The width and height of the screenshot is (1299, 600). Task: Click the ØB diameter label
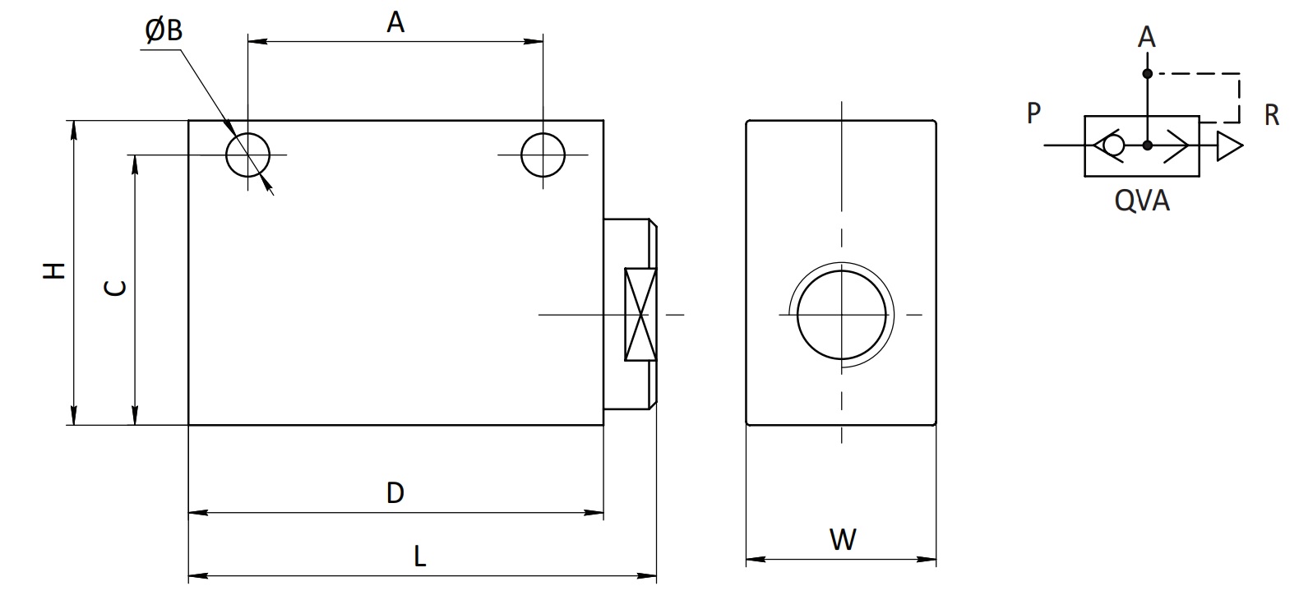(164, 30)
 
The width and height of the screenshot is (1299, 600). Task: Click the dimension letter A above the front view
(395, 23)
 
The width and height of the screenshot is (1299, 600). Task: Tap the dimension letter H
(54, 270)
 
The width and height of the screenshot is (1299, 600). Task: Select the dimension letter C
(115, 288)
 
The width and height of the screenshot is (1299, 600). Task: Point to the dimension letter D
(395, 493)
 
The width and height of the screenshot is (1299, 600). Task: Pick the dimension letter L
(420, 557)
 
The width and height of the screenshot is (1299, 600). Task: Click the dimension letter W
(843, 540)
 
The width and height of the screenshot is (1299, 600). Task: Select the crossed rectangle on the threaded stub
(640, 314)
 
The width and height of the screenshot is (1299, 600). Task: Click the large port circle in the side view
(798, 315)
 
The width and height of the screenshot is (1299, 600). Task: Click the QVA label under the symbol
(1142, 201)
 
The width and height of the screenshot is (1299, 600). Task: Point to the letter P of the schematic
(1033, 113)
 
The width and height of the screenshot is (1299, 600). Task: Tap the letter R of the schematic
(1272, 115)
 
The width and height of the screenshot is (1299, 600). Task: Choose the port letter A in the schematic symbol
(1146, 38)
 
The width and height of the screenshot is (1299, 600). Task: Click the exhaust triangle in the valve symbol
(1228, 145)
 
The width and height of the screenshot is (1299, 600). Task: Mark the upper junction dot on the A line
(1147, 74)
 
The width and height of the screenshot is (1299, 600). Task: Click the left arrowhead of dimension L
(198, 575)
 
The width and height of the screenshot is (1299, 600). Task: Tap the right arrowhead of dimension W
(926, 560)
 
